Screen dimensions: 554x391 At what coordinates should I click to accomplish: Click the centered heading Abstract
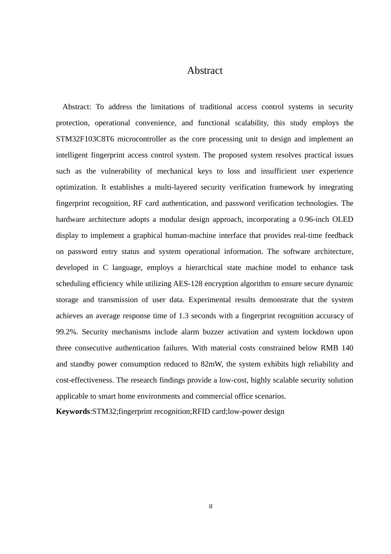point(205,70)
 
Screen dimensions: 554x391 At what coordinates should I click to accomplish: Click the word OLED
point(343,219)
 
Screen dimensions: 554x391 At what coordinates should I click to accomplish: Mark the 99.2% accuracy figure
point(66,332)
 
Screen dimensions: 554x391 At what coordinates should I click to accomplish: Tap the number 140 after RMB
point(347,348)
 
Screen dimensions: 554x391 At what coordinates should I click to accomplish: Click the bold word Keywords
point(73,411)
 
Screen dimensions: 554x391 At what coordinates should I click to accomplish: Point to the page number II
point(211,507)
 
